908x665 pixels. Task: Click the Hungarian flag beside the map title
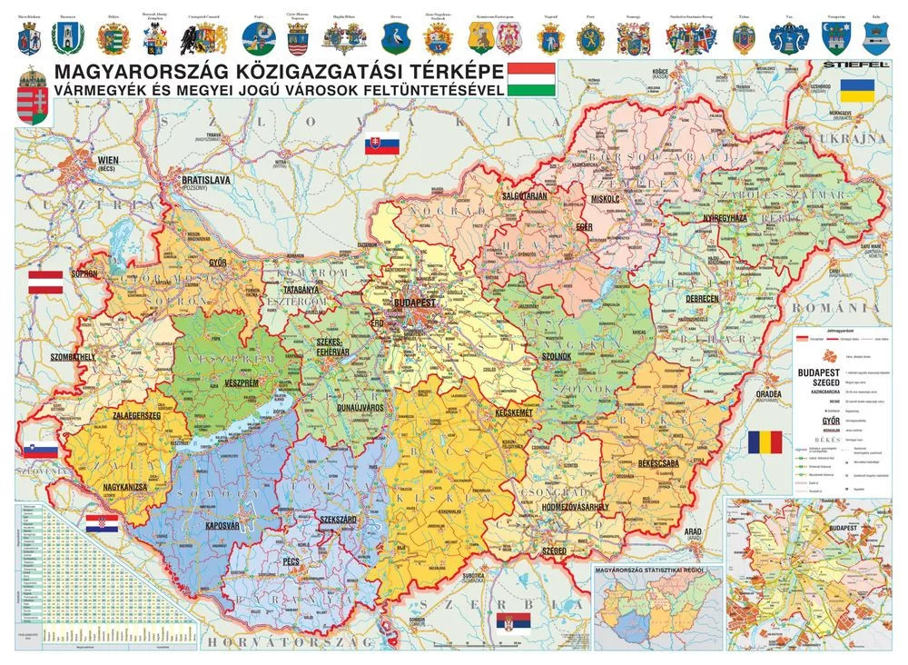pyautogui.click(x=531, y=80)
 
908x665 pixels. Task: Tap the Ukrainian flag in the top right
pyautogui.click(x=856, y=90)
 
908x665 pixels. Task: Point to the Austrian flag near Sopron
pyautogui.click(x=45, y=283)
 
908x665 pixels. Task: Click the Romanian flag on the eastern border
pyautogui.click(x=764, y=443)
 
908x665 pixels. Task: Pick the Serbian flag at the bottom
pyautogui.click(x=513, y=622)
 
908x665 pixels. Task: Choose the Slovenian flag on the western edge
pyautogui.click(x=42, y=451)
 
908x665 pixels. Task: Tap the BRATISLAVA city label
pyautogui.click(x=206, y=181)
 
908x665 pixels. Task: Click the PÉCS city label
pyautogui.click(x=291, y=561)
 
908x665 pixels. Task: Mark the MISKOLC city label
pyautogui.click(x=604, y=198)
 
